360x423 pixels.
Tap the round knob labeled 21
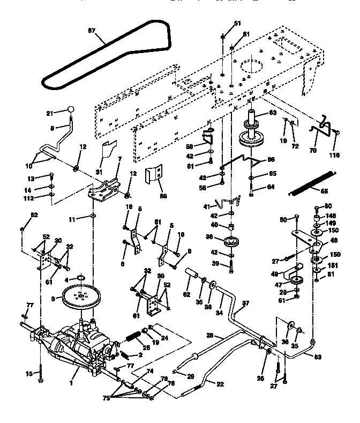pyautogui.click(x=70, y=110)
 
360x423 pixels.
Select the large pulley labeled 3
pyautogui.click(x=81, y=296)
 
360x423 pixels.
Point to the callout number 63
pyautogui.click(x=272, y=113)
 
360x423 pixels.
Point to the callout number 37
pyautogui.click(x=246, y=303)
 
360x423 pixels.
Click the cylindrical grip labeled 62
pyautogui.click(x=191, y=274)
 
